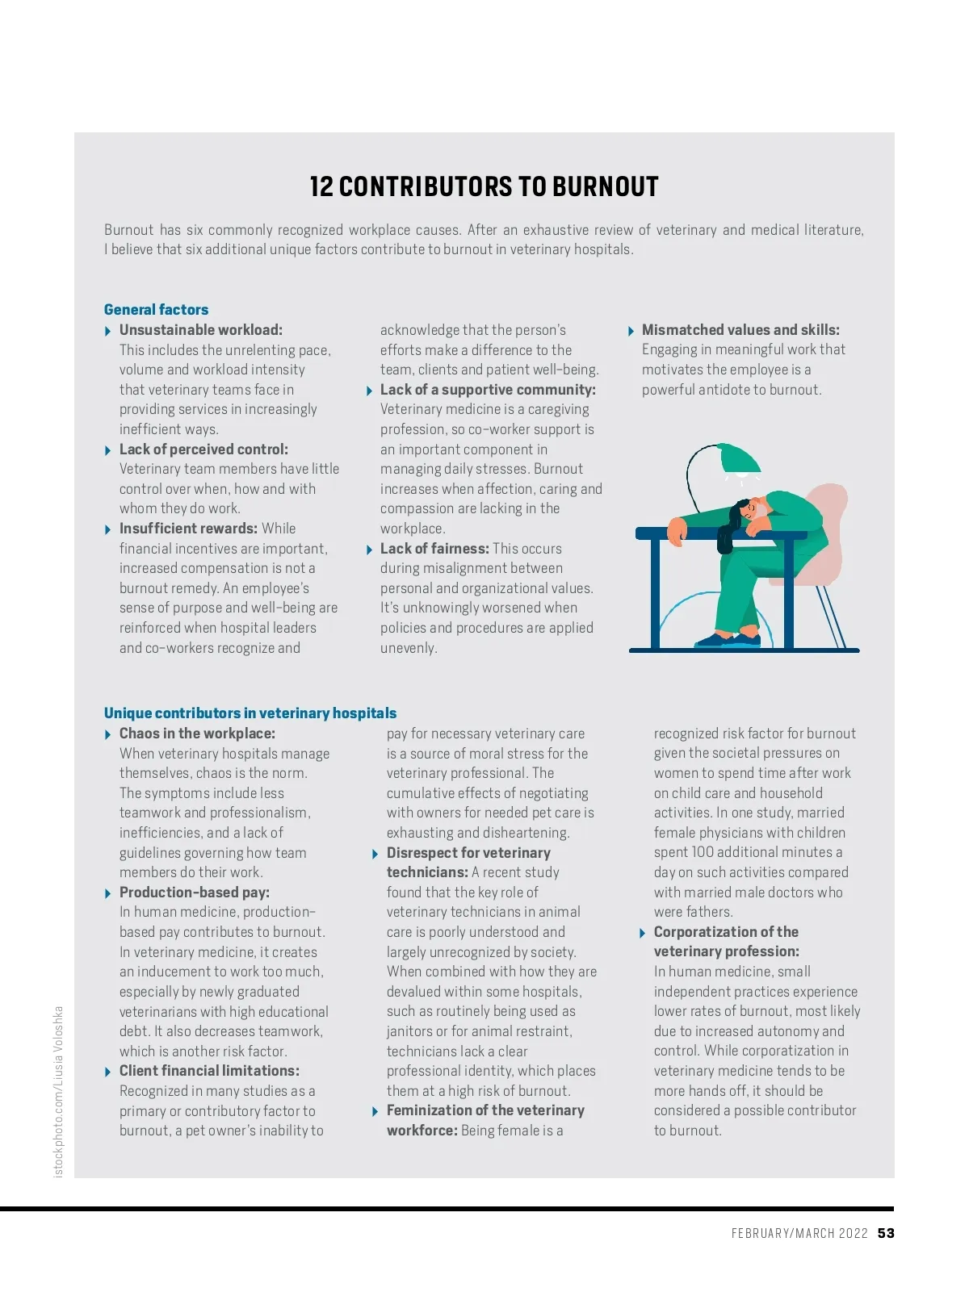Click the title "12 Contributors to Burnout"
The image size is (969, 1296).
[x=484, y=187]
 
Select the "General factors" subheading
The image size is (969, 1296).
[x=156, y=310]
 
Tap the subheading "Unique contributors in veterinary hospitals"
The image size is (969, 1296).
[x=250, y=713]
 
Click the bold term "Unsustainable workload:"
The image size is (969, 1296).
[x=201, y=330]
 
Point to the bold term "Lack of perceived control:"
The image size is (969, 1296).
[x=203, y=449]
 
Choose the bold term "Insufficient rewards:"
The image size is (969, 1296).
[x=188, y=529]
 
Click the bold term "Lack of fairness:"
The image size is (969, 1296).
[x=434, y=549]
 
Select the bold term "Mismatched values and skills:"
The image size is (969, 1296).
[x=740, y=330]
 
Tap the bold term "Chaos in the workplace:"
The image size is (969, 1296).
[x=197, y=734]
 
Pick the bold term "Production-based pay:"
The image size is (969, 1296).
[x=195, y=893]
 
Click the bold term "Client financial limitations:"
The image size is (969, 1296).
[x=209, y=1071]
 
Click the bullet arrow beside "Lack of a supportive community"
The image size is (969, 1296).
[x=369, y=391]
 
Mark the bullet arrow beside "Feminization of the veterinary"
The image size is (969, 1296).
[x=375, y=1111]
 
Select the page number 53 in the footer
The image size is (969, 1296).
[x=886, y=1233]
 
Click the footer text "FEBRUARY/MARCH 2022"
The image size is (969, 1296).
[x=799, y=1233]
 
